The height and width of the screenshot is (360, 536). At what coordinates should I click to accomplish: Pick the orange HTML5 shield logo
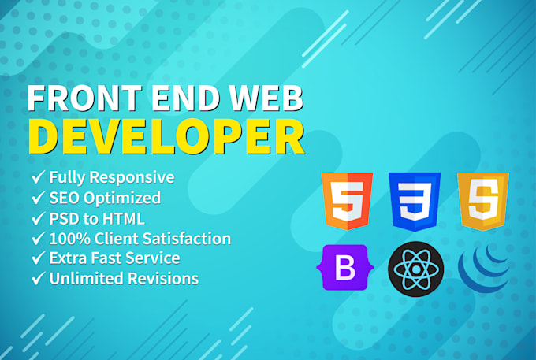[x=346, y=202]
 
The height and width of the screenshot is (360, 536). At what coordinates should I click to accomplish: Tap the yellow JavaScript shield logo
[x=483, y=202]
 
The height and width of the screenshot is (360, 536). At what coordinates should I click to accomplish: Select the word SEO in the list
[x=65, y=198]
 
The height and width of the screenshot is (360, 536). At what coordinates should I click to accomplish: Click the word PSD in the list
[x=64, y=217]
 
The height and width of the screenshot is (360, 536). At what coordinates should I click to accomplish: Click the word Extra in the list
[x=68, y=258]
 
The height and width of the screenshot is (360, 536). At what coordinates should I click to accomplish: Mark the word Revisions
[x=162, y=278]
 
